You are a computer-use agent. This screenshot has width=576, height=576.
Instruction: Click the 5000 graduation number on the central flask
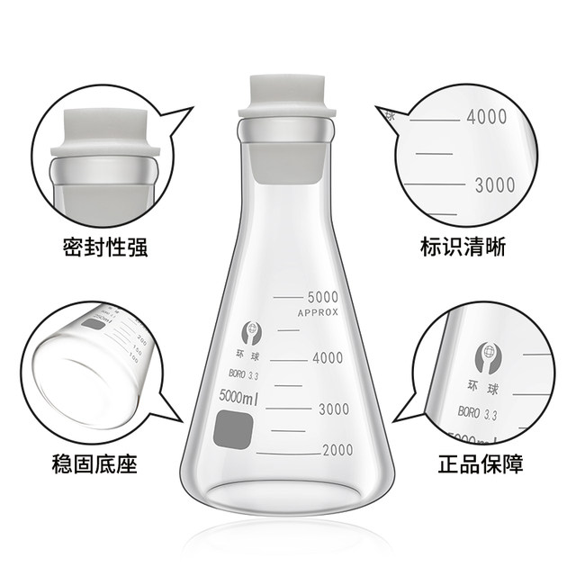322,297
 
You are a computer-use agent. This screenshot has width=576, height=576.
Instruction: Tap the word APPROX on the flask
317,312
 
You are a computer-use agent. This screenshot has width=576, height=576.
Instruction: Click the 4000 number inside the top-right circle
487,117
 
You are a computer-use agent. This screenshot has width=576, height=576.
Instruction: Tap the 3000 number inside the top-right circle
494,185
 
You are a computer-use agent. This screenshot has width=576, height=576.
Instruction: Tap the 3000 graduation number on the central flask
329,409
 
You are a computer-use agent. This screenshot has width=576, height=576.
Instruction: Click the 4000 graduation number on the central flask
328,357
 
